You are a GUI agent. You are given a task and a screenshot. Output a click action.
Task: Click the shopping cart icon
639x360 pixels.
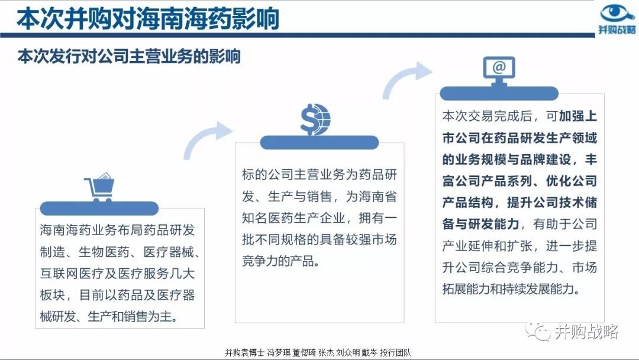pos(99,188)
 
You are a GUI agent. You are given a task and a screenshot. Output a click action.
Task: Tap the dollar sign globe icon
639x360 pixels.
pos(315,120)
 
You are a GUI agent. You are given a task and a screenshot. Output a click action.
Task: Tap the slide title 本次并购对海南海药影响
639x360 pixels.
pos(148,18)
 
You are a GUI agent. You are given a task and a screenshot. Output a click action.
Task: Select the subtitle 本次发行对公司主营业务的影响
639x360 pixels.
pos(129,56)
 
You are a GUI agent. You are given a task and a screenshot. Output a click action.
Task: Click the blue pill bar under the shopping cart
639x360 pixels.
pos(99,208)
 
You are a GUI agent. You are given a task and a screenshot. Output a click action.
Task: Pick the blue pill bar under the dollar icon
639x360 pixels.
pos(319,142)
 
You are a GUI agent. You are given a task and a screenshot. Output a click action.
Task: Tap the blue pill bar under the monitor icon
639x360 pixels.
pos(499,94)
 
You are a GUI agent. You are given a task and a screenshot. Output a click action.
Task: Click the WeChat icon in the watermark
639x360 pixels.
pos(537,332)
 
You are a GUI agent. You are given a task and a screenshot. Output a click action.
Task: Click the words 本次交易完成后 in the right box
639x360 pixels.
pos(488,116)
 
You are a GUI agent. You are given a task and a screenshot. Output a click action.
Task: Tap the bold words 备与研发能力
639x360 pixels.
pos(481,224)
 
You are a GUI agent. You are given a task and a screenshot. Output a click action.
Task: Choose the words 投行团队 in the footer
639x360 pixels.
pos(395,353)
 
